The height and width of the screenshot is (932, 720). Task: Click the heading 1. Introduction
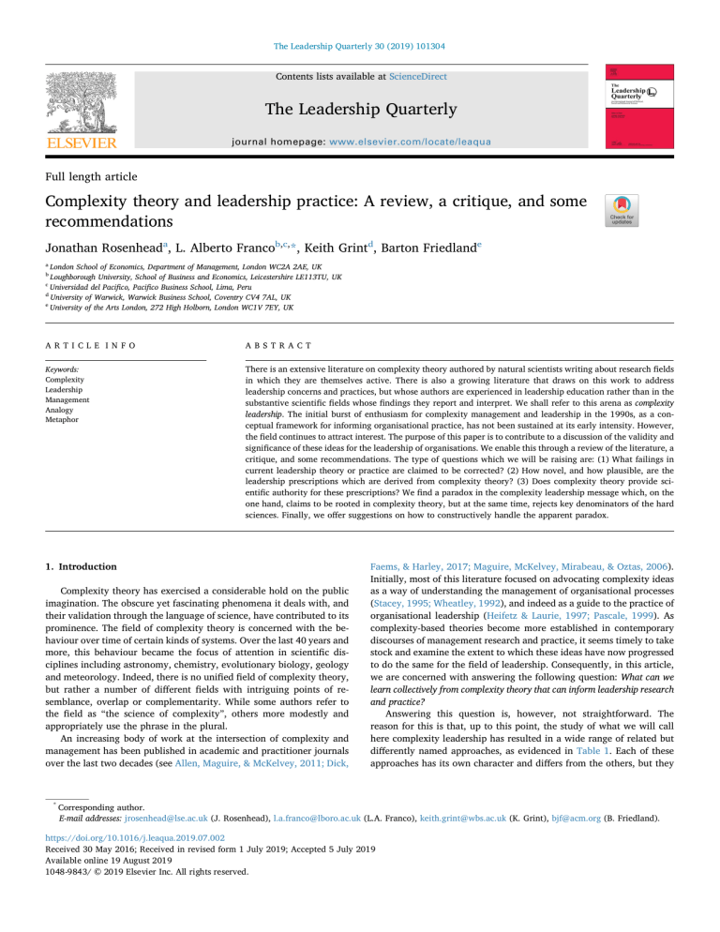point(71,566)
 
